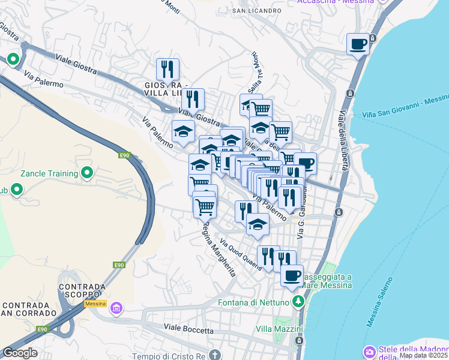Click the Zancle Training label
[49, 173]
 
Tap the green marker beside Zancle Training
[88, 173]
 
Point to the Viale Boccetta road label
[188, 330]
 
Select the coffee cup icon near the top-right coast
[358, 44]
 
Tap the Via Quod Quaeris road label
[240, 255]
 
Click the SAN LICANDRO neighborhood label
[257, 11]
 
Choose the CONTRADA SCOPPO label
[82, 290]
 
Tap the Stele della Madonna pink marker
[370, 351]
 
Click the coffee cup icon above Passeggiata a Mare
[292, 275]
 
